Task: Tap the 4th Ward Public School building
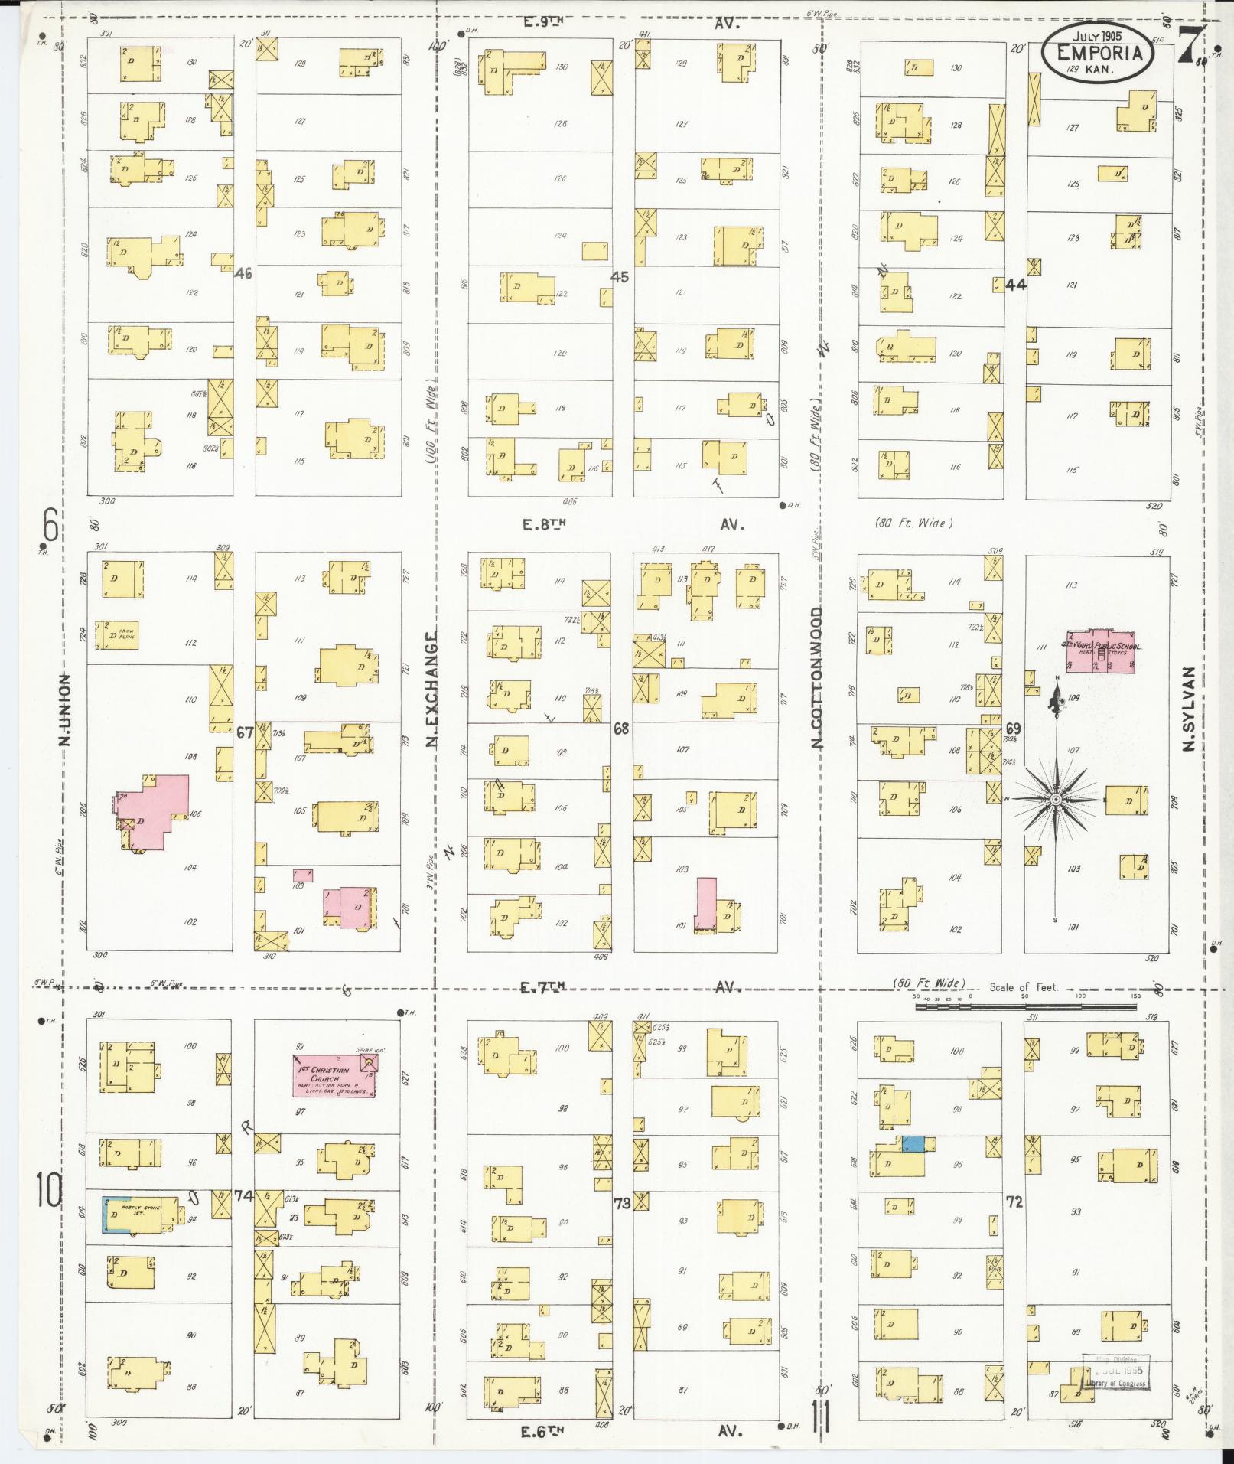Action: pos(1101,651)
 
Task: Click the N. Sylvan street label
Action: pos(1188,709)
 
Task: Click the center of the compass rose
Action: pos(1055,799)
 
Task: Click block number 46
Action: pos(244,273)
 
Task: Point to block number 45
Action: pos(620,277)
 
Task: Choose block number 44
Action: pos(1016,285)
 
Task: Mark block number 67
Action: pos(244,732)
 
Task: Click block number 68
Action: pos(620,729)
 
